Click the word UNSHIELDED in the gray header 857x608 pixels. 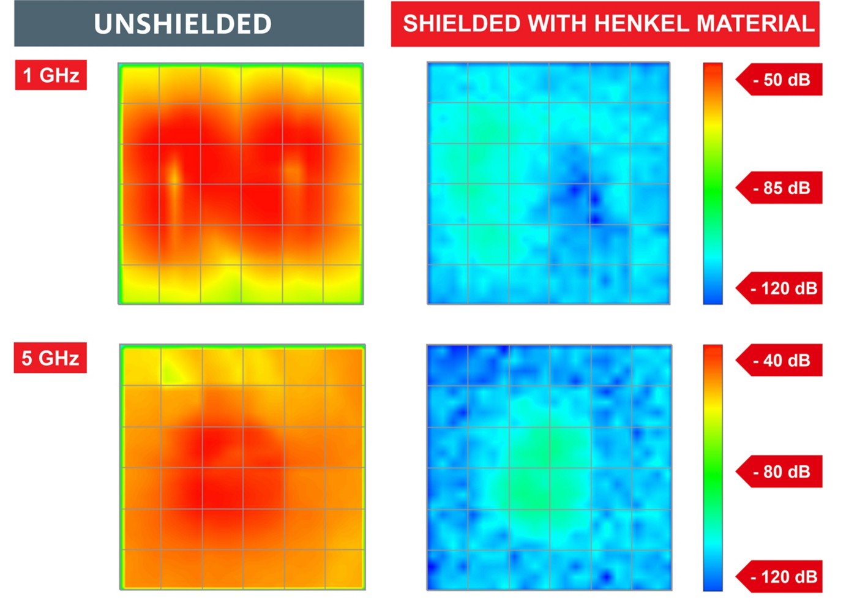click(182, 24)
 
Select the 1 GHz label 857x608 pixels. click(51, 75)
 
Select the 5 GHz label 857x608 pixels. click(50, 358)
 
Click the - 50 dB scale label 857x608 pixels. click(781, 80)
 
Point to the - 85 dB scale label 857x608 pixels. click(781, 188)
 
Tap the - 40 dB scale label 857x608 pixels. click(781, 361)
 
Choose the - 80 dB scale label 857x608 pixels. click(781, 471)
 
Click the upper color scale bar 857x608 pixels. click(713, 183)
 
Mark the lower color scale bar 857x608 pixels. click(713, 468)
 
